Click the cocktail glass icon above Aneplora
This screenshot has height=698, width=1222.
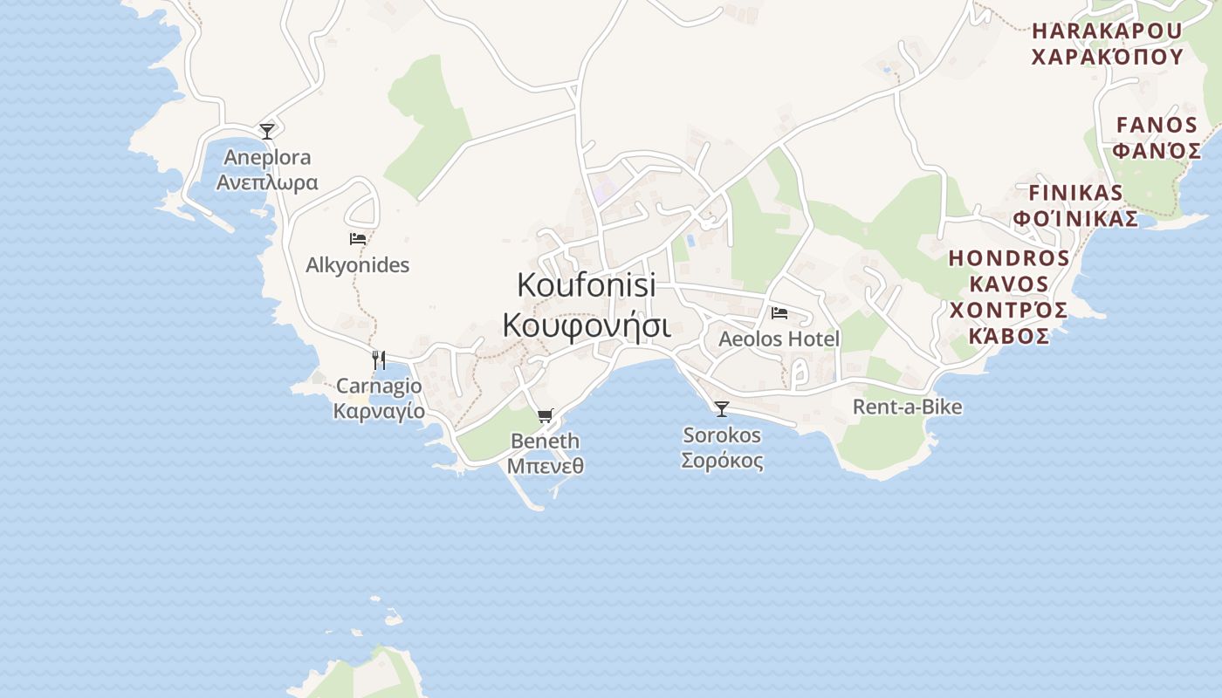point(267,132)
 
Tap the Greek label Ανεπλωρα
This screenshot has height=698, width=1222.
point(267,182)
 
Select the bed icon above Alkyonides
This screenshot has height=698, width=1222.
point(357,238)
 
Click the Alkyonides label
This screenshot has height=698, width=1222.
point(357,265)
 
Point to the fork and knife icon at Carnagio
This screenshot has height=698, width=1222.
point(379,359)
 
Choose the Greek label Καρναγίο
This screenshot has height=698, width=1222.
point(379,411)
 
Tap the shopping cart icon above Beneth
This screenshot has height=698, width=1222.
point(546,416)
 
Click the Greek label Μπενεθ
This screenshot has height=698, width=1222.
point(546,466)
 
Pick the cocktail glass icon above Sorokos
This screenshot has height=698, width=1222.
point(722,408)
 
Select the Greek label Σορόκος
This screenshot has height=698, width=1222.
point(722,461)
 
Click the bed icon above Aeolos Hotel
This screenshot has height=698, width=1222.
point(779,312)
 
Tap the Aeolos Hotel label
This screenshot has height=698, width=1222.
point(779,339)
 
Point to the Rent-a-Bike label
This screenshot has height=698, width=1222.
point(907,407)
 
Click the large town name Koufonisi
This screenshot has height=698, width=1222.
point(586,284)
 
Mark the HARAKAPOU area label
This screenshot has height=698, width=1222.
point(1107,31)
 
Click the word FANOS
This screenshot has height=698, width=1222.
point(1157,125)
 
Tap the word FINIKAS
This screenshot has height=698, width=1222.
point(1075,193)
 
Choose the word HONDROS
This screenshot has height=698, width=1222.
point(1009,258)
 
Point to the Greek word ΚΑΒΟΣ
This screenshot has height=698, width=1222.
point(1009,337)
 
